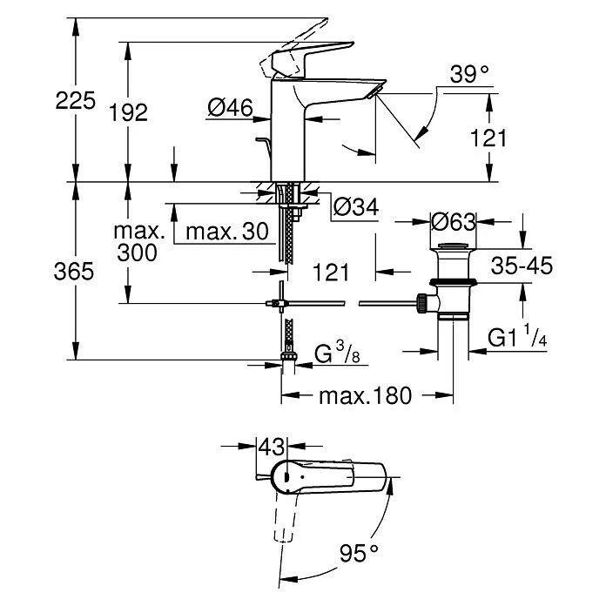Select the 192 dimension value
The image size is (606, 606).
[x=128, y=111]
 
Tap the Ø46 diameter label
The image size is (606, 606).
[x=231, y=107]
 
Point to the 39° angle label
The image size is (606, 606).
[x=469, y=75]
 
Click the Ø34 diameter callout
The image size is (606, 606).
[x=354, y=207]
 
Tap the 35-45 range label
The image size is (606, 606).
[x=521, y=266]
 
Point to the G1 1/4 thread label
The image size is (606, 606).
[x=517, y=337]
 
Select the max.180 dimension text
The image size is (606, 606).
[x=366, y=396]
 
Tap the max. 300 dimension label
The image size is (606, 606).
[x=138, y=243]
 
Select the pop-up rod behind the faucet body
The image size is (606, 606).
[x=263, y=144]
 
